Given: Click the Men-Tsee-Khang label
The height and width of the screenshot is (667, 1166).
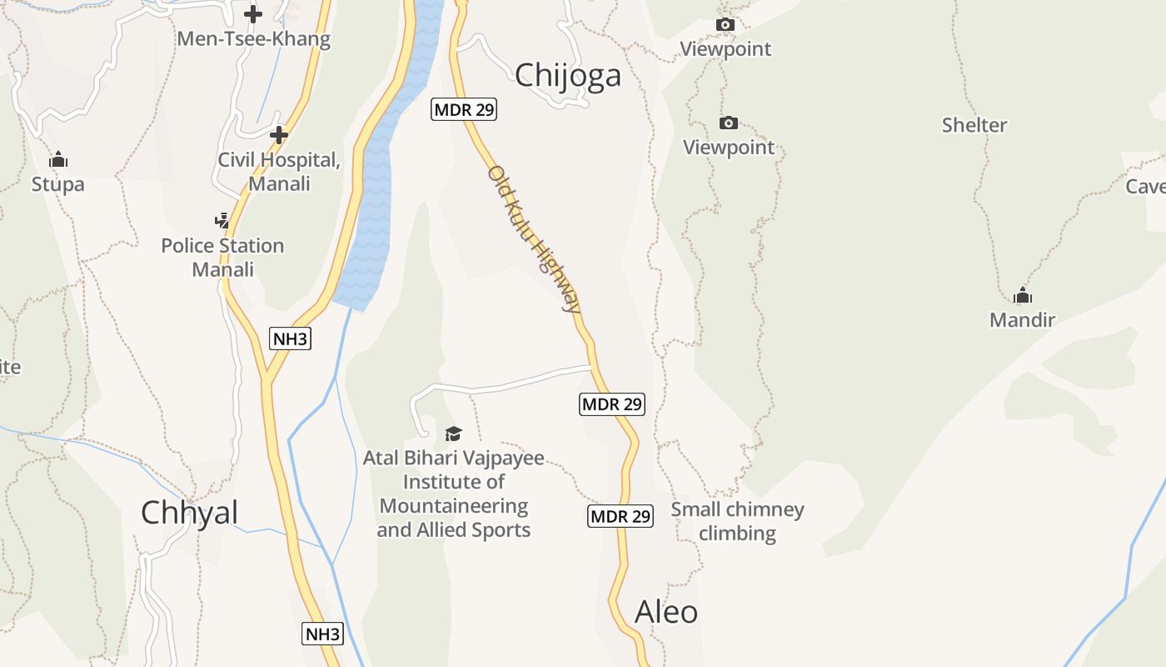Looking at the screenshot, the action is pos(254,39).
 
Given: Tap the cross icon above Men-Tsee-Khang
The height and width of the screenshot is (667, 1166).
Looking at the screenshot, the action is pos(253,14).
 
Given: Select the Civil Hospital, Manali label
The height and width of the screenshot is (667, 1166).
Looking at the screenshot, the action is pos(279,171).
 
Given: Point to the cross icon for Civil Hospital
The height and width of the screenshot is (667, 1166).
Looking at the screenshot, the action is pos(279,135).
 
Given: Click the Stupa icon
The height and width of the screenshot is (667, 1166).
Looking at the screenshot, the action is pos(58,159).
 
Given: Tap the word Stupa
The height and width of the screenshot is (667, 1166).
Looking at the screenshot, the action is pos(58,183).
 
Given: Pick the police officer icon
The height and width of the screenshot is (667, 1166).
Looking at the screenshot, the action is pos(222,221).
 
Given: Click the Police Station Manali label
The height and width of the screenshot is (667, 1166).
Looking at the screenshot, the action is pos(222,257).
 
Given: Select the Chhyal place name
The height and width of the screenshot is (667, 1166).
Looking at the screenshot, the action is pos(189,512).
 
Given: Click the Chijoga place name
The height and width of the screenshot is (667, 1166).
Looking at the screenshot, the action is pos(568,75).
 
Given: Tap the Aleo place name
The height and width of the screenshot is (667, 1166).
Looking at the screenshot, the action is pos(666,612).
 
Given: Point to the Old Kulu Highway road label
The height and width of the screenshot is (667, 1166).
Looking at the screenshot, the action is pos(535,238).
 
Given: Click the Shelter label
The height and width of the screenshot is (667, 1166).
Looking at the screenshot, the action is pos(974,125).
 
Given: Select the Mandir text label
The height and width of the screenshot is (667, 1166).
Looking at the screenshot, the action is pos(1022,319).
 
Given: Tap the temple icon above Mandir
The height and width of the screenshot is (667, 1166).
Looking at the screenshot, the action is pos(1023,295).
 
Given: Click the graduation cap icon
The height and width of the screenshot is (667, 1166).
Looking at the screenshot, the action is pos(453,434).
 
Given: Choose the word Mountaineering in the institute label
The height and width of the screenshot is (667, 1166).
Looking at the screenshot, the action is pos(454,506).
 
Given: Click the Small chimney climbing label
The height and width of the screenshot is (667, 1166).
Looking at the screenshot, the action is pos(737,521).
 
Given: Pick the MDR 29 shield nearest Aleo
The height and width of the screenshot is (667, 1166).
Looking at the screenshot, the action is pos(620,516).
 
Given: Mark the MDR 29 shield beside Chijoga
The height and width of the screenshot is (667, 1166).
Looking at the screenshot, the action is pos(464,109).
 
